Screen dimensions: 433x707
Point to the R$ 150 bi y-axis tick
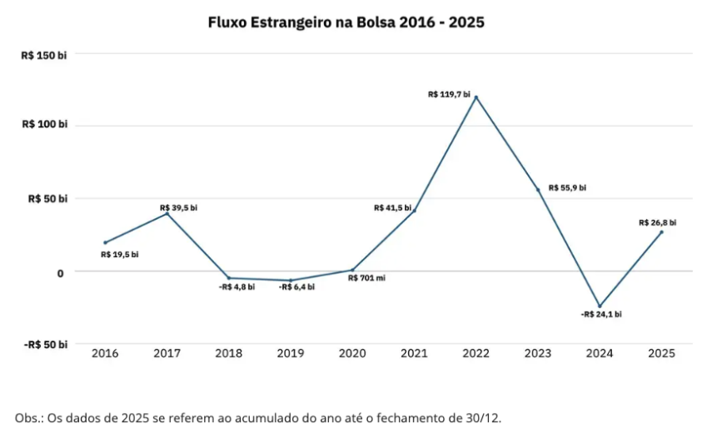45,55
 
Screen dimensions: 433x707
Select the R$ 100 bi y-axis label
45,125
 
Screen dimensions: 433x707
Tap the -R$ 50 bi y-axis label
45,345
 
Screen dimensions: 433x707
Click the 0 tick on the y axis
60,272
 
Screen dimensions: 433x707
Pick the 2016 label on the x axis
105,353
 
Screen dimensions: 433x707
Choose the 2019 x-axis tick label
291,353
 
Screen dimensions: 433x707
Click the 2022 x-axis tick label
475,353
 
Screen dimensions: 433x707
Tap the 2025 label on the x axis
661,353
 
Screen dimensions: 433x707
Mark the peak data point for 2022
476,97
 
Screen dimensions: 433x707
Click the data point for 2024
600,306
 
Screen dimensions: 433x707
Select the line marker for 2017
167,214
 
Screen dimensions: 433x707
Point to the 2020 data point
352,270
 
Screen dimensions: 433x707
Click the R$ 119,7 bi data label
449,95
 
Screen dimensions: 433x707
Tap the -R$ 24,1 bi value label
601,315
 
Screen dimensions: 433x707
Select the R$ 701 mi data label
366,278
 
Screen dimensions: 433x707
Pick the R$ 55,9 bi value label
567,188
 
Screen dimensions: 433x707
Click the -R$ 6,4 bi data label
296,286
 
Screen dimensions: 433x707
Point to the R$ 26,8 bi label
657,222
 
